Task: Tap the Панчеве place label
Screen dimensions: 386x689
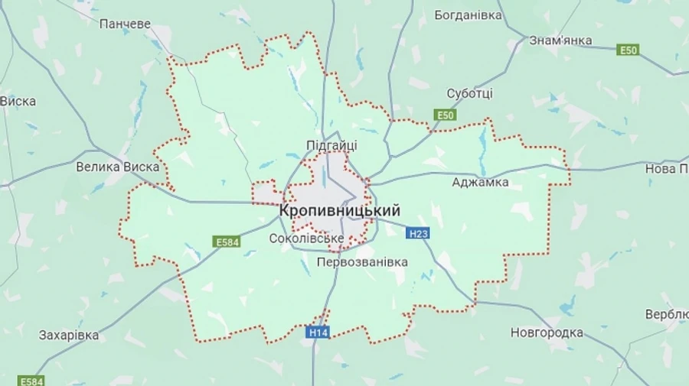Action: click(x=125, y=24)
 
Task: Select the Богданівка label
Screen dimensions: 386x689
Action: click(x=468, y=15)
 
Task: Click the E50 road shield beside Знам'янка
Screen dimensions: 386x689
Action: click(x=629, y=50)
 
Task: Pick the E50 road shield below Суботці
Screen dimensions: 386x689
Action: click(x=445, y=115)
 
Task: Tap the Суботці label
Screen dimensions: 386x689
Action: click(x=469, y=93)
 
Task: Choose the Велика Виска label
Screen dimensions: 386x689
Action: click(x=118, y=166)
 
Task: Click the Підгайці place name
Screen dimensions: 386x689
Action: click(x=331, y=144)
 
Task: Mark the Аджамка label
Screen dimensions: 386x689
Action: click(x=480, y=182)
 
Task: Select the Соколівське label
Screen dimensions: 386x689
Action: click(x=306, y=238)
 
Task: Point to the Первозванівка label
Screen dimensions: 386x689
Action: click(x=362, y=261)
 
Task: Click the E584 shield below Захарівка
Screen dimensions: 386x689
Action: click(x=31, y=380)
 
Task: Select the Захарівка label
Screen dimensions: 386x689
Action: click(x=69, y=335)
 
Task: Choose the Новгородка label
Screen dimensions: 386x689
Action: click(x=547, y=332)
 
